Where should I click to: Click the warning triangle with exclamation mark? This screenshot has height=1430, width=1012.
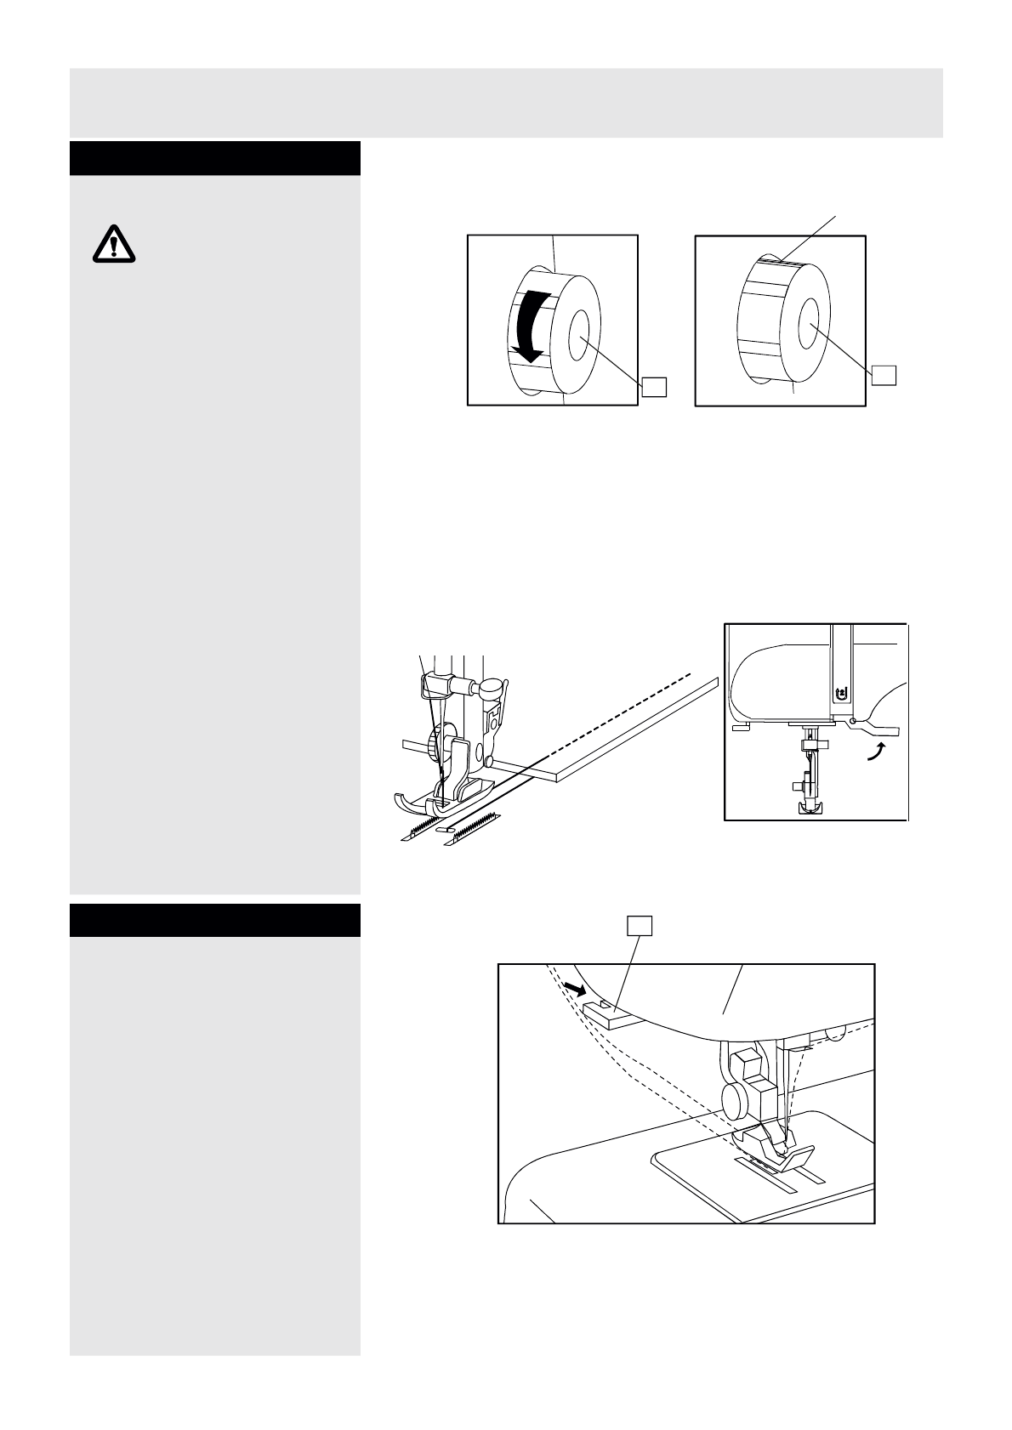click(112, 245)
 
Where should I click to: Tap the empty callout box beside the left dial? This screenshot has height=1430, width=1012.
click(653, 386)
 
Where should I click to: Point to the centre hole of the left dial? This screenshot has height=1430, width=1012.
click(582, 327)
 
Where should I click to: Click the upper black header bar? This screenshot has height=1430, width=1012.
click(215, 159)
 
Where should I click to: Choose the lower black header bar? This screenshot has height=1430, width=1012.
click(215, 920)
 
